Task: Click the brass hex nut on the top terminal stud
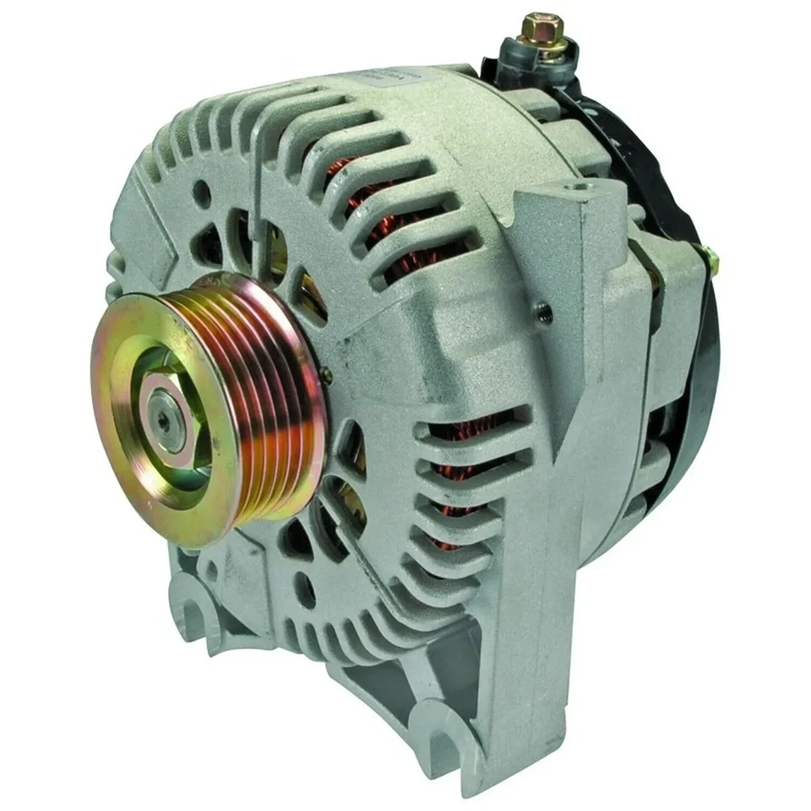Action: [532, 28]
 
